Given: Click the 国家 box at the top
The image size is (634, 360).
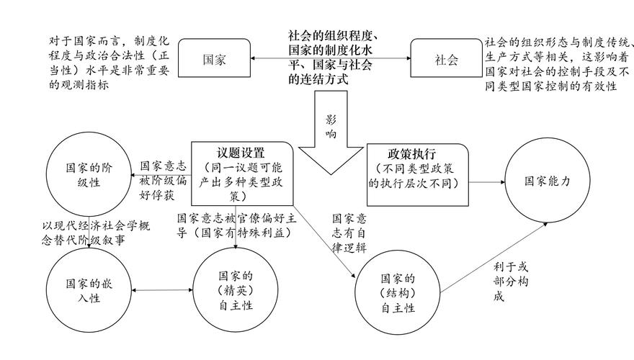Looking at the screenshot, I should point(214,60).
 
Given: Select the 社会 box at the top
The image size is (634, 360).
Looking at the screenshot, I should point(445,60).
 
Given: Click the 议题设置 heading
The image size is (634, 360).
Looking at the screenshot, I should point(241,153).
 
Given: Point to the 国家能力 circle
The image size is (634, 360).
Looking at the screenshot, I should point(547,182).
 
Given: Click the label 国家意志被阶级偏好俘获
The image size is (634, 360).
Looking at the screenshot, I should point(162,179).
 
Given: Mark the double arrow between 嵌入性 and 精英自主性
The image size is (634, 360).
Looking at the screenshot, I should point(162,291).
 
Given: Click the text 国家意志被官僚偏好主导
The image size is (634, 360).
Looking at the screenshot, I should point(235,225).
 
